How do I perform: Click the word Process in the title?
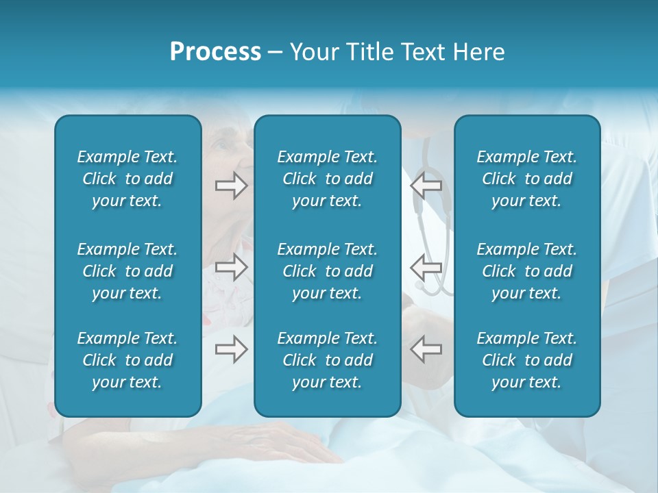click(x=215, y=52)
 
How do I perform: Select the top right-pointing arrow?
click(x=231, y=186)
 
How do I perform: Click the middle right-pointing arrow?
click(x=231, y=267)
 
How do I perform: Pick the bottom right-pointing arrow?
click(x=231, y=349)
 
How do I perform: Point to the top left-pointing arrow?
click(x=426, y=186)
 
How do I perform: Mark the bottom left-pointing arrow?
click(x=426, y=349)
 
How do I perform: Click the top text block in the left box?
click(x=127, y=179)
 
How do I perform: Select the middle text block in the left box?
click(x=127, y=271)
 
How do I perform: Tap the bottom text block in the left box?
click(x=127, y=360)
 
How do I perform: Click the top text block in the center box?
click(x=327, y=179)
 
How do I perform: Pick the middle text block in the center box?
click(x=327, y=271)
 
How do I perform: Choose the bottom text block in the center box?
click(x=327, y=360)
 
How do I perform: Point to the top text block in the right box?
click(x=526, y=179)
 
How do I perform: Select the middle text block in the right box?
click(x=526, y=271)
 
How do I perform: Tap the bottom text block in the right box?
click(x=526, y=360)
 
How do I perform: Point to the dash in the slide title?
click(x=275, y=53)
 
